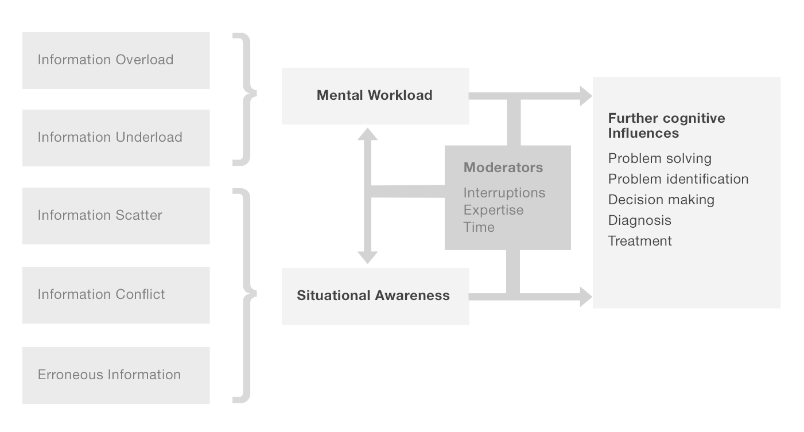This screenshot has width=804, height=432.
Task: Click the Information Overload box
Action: tap(116, 60)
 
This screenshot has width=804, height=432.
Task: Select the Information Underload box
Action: tap(116, 138)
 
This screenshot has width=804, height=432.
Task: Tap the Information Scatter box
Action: tap(116, 216)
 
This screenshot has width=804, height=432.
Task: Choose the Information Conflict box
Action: tap(116, 295)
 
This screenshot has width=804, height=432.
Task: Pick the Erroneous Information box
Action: tap(116, 375)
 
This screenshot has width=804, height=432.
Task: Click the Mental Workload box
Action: tap(375, 96)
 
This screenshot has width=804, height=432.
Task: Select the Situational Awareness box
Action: tap(375, 296)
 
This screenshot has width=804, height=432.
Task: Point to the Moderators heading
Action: tap(503, 168)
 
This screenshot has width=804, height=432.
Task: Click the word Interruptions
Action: tap(504, 193)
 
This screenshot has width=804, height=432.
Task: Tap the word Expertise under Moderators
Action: tap(494, 210)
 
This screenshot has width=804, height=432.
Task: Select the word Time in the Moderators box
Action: tap(479, 227)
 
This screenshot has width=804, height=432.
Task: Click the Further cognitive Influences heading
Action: tap(666, 126)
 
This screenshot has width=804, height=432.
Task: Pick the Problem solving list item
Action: tap(659, 158)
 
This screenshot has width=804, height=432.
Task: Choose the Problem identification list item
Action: tap(678, 179)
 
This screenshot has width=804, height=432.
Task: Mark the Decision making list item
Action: tap(661, 200)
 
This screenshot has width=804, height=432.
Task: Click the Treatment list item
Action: tap(640, 241)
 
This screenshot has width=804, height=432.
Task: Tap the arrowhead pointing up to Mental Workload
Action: tap(367, 134)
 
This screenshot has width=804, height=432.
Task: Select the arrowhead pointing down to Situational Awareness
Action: tap(367, 257)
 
